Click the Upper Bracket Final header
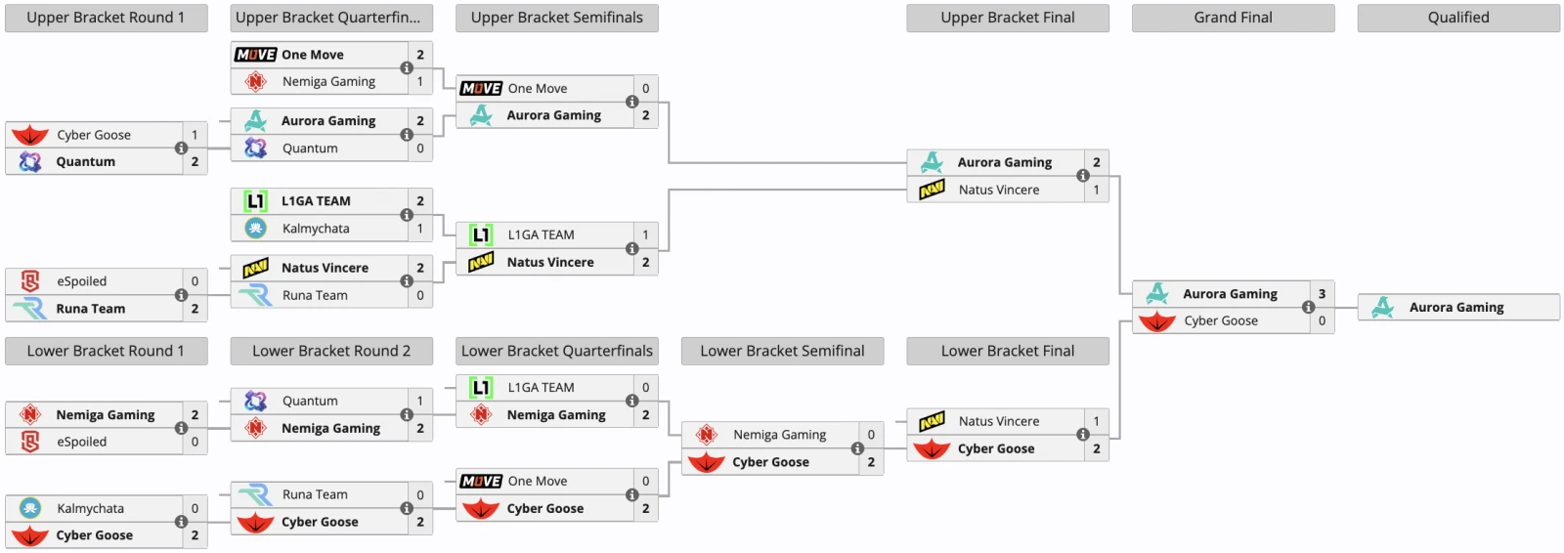pyautogui.click(x=1008, y=18)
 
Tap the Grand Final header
pyautogui.click(x=1233, y=18)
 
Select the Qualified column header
pyautogui.click(x=1458, y=18)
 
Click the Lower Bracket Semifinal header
pyautogui.click(x=782, y=351)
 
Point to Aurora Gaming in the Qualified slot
pyautogui.click(x=1456, y=307)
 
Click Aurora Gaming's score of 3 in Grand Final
pyautogui.click(x=1322, y=294)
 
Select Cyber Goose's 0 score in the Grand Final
pyautogui.click(x=1322, y=320)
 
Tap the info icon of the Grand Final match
pyautogui.click(x=1309, y=307)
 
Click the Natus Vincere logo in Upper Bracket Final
pyautogui.click(x=933, y=190)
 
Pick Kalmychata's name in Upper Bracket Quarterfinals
pyautogui.click(x=316, y=229)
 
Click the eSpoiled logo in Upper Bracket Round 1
pyautogui.click(x=30, y=280)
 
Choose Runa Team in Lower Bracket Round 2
pyautogui.click(x=315, y=494)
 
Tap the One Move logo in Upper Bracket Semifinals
pyautogui.click(x=481, y=89)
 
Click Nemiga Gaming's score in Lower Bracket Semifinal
pyautogui.click(x=871, y=435)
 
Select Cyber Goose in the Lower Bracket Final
pyautogui.click(x=996, y=448)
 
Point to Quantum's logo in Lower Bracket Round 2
pyautogui.click(x=255, y=401)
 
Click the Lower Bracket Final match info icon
pyautogui.click(x=1083, y=435)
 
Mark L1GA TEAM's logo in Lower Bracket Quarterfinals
pyautogui.click(x=481, y=388)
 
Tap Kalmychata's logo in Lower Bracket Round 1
pyautogui.click(x=30, y=508)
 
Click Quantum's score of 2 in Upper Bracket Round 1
pyautogui.click(x=195, y=161)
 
